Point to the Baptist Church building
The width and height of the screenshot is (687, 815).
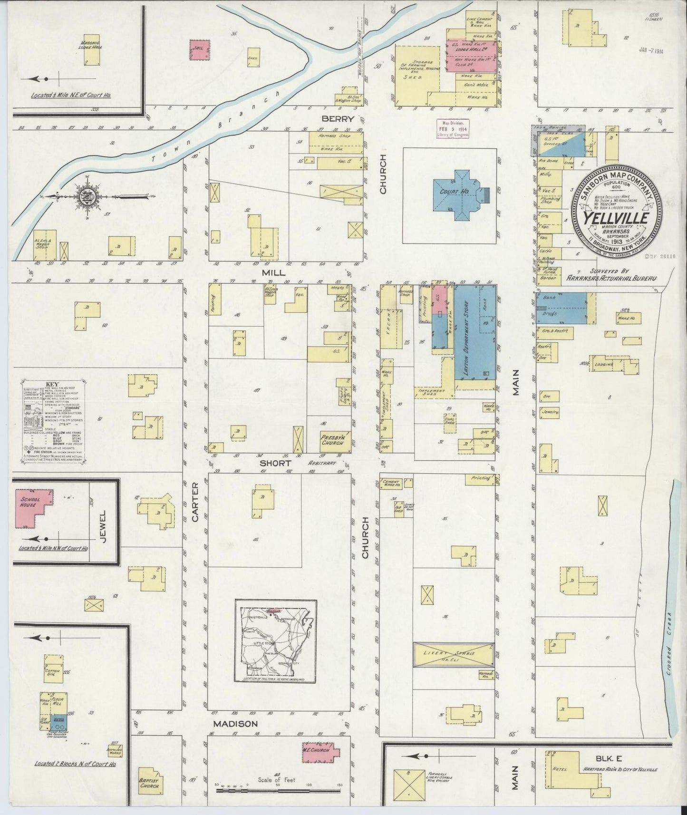152,780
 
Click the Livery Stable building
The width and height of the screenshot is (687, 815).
453,654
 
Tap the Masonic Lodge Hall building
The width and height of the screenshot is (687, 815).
88,51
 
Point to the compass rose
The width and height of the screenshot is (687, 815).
89,196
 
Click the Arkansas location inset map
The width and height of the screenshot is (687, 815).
276,636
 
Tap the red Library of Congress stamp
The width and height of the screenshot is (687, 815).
453,128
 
